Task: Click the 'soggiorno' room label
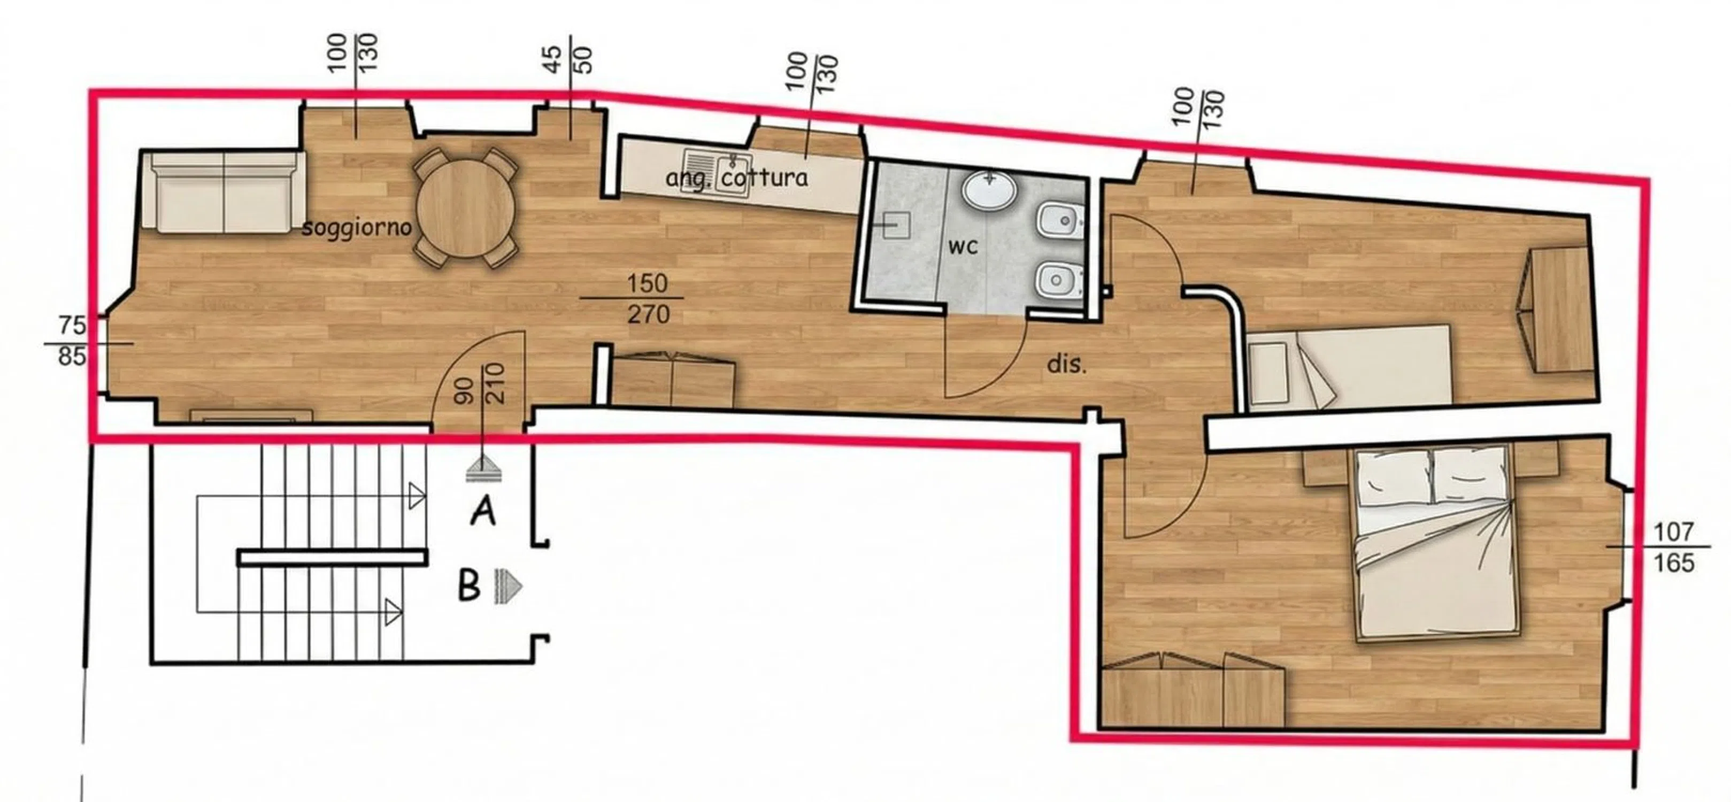click(x=356, y=228)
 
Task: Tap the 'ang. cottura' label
click(x=736, y=179)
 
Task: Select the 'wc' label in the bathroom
click(x=963, y=247)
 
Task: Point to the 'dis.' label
click(x=1066, y=364)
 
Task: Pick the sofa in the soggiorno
click(x=224, y=193)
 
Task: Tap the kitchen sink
click(x=717, y=173)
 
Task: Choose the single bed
click(x=1349, y=367)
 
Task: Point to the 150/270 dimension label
click(x=647, y=298)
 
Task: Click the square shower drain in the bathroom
click(x=895, y=226)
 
